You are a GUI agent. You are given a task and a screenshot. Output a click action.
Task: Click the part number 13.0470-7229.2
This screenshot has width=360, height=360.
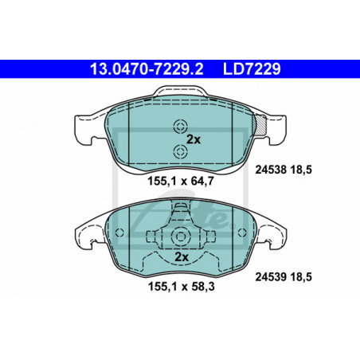[147, 69]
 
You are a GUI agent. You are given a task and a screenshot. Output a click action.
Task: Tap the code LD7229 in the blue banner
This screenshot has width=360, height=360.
[252, 69]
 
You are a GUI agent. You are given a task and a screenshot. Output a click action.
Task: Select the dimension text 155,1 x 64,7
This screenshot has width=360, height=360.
[181, 182]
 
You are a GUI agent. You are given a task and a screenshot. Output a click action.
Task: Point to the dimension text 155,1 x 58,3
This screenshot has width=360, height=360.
[181, 287]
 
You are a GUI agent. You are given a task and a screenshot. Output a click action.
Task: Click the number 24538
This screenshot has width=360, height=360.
[271, 170]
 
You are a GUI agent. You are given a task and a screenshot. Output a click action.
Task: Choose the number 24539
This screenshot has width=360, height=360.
[271, 277]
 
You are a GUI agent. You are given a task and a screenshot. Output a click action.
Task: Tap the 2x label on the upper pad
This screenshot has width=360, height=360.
[194, 139]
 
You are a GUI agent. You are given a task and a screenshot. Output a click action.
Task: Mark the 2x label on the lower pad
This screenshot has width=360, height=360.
[182, 257]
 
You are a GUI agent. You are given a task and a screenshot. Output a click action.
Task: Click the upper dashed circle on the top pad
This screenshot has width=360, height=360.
[180, 127]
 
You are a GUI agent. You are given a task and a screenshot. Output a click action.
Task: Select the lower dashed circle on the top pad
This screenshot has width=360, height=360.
[180, 152]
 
